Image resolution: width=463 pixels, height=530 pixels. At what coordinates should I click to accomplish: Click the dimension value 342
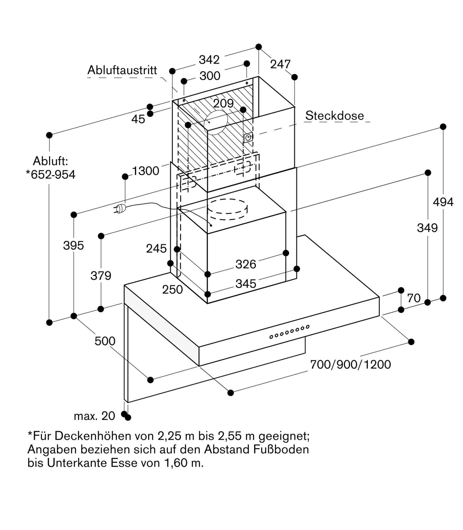[x=209, y=60]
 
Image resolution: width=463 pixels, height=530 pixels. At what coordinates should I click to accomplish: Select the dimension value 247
[x=280, y=64]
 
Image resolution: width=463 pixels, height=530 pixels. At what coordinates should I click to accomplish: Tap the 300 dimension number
[x=210, y=76]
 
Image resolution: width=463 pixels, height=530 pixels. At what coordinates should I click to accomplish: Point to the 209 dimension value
[x=223, y=103]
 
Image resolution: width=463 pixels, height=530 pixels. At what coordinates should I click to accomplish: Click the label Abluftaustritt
[x=122, y=70]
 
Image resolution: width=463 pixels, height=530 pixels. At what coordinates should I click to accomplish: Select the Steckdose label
[x=335, y=116]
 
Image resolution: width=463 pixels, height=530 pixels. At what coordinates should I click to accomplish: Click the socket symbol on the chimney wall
[x=248, y=138]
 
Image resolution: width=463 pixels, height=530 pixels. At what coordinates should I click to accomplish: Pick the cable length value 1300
[x=146, y=171]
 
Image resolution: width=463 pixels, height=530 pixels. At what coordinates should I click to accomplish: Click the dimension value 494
[x=443, y=202]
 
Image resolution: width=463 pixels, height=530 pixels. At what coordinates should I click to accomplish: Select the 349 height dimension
[x=427, y=228]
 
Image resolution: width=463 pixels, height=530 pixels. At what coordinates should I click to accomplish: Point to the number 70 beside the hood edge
[x=414, y=298]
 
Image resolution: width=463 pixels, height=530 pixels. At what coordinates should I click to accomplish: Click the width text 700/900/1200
[x=350, y=365]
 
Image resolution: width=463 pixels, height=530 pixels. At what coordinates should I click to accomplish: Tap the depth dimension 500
[x=105, y=341]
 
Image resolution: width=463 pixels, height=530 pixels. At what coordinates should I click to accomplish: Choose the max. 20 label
[x=95, y=416]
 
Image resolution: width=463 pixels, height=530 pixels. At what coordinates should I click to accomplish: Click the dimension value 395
[x=73, y=246]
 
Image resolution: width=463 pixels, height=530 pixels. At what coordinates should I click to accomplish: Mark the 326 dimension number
[x=246, y=264]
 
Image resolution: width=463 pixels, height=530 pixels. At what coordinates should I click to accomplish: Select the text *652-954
[x=51, y=175]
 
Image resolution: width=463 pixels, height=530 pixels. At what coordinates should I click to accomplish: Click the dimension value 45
[x=138, y=119]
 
